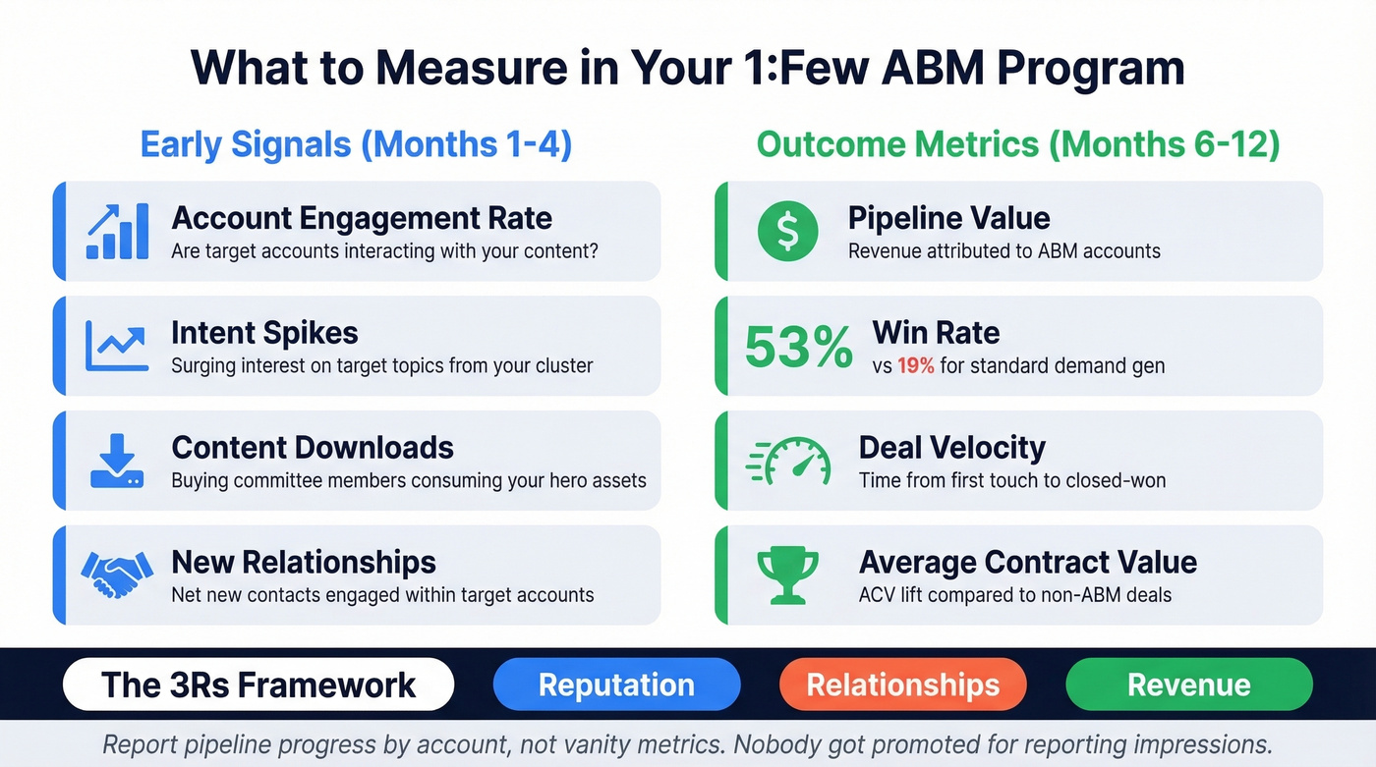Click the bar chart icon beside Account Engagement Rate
click(117, 231)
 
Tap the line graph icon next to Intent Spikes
click(117, 347)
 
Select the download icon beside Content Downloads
click(117, 462)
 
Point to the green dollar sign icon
click(787, 231)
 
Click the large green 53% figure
click(798, 348)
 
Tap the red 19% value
click(916, 366)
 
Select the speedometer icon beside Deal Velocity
click(789, 462)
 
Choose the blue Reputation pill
click(616, 685)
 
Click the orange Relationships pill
click(902, 685)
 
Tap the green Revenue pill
click(1188, 685)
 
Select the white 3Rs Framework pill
click(258, 685)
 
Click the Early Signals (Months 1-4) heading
click(356, 144)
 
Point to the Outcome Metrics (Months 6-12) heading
click(1018, 144)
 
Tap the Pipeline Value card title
click(948, 218)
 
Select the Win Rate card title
click(936, 333)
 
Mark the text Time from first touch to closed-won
click(1012, 481)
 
